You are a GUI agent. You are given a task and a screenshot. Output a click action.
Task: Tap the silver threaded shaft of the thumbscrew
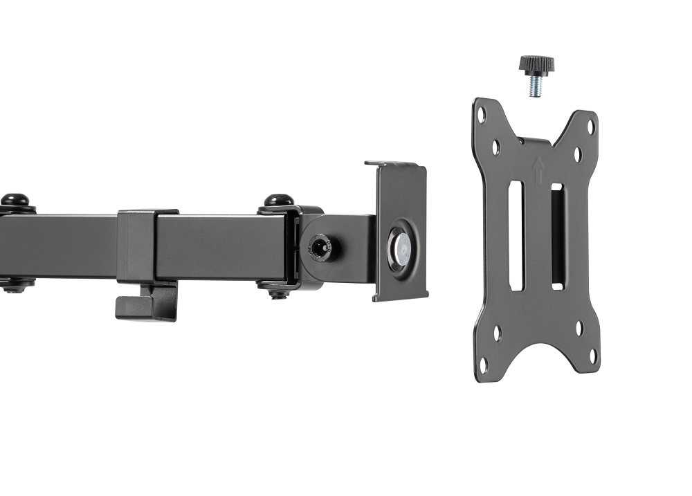pos(535,86)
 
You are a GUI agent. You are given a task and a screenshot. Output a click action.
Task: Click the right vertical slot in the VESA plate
pos(558,236)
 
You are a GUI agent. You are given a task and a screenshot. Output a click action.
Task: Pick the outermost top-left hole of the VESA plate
pos(482,115)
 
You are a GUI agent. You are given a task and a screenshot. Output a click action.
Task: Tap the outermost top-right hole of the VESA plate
pos(591,127)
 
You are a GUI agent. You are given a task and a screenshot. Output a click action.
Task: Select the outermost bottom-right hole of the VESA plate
pos(592,356)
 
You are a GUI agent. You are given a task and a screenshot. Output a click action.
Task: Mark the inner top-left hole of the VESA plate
pos(496,147)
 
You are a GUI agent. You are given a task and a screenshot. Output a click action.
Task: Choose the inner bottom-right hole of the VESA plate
pos(579,328)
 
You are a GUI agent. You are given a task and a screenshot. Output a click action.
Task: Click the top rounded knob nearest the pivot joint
pos(278,201)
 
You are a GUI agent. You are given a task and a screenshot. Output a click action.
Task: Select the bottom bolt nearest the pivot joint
pos(278,293)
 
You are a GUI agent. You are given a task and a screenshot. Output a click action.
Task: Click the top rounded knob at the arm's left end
pos(15,200)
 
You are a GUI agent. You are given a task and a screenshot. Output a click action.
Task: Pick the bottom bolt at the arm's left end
pos(15,288)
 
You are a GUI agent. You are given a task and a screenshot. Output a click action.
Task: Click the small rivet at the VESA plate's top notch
pos(521,140)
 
